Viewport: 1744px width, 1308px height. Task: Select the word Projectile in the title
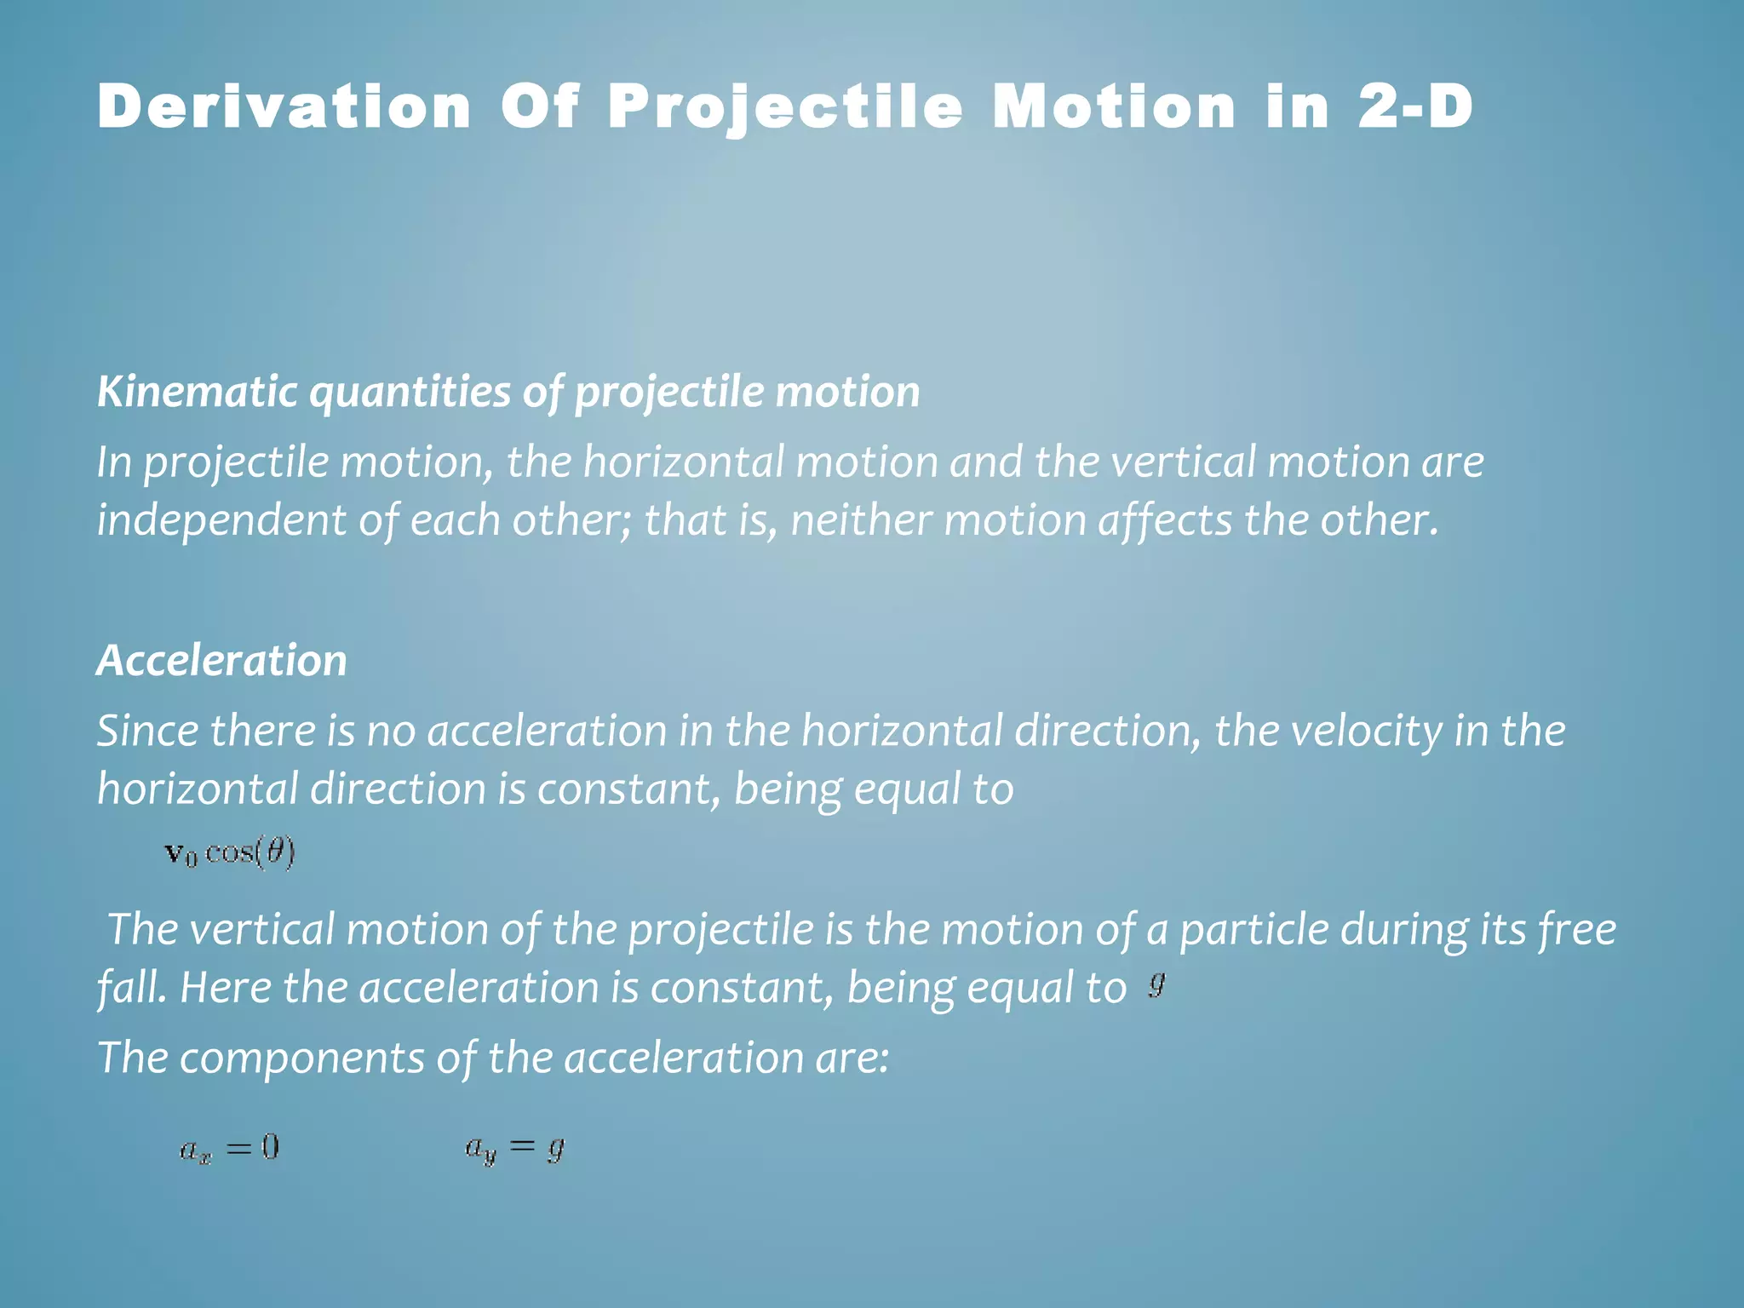click(x=785, y=109)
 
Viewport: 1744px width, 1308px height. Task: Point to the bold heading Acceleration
click(x=222, y=660)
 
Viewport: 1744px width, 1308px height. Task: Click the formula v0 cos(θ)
click(x=230, y=852)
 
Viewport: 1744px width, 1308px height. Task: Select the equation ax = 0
click(x=229, y=1150)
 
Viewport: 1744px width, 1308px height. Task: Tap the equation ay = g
click(x=514, y=1150)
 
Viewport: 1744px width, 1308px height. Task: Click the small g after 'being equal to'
click(x=1156, y=984)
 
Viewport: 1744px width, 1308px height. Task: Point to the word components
click(x=302, y=1058)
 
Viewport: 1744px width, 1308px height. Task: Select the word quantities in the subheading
click(x=410, y=393)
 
